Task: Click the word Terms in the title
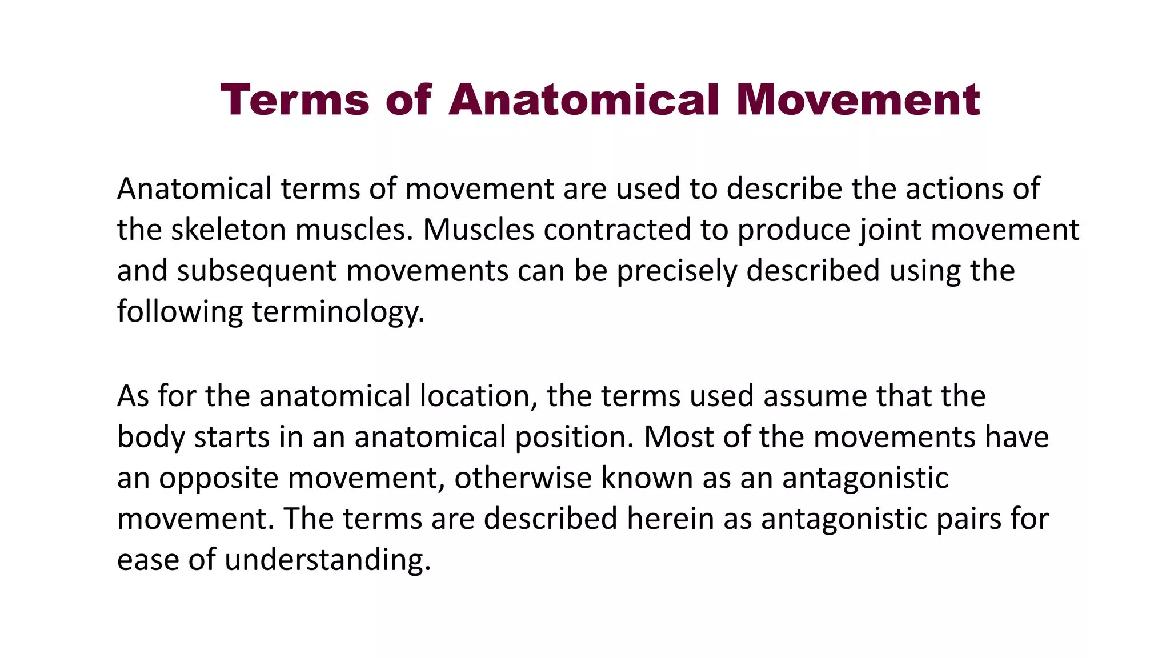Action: pyautogui.click(x=295, y=100)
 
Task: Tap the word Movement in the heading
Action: pyautogui.click(x=858, y=100)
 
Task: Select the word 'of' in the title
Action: pyautogui.click(x=408, y=100)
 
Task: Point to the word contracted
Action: pyautogui.click(x=617, y=230)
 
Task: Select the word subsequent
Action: pyautogui.click(x=257, y=271)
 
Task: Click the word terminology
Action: pyautogui.click(x=338, y=312)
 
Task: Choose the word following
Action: pyautogui.click(x=179, y=312)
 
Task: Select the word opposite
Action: pyautogui.click(x=218, y=479)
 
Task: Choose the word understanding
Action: pyautogui.click(x=327, y=560)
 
